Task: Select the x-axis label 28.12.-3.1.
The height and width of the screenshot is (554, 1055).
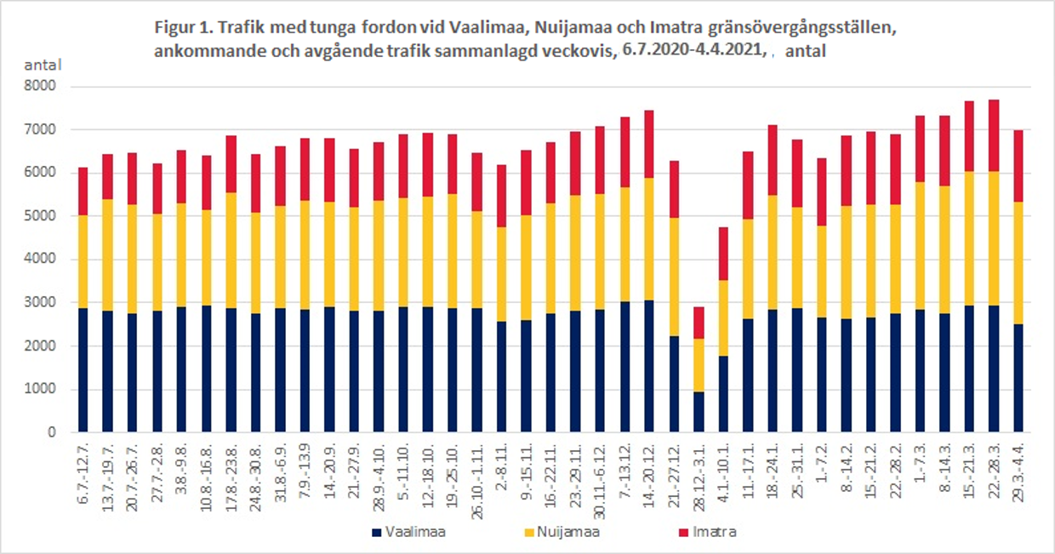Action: click(x=698, y=473)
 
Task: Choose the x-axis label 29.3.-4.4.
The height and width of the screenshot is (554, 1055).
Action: click(x=1018, y=472)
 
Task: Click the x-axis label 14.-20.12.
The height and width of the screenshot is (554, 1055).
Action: click(x=648, y=472)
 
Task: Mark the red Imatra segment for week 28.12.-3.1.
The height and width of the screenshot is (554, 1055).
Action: click(x=698, y=323)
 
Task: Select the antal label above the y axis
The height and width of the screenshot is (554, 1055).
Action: click(x=39, y=65)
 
